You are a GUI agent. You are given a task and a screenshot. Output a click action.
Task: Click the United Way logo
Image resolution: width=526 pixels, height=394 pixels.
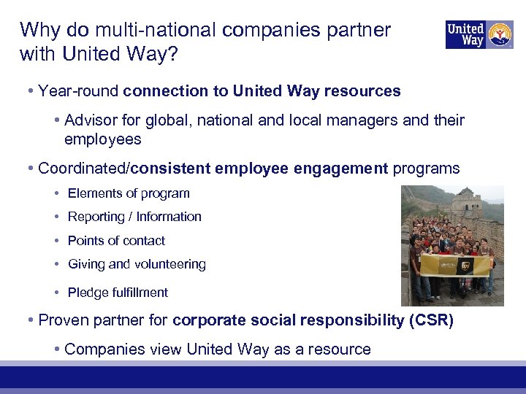[x=479, y=34]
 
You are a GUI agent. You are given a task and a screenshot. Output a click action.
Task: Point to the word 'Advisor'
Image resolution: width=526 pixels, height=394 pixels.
[x=90, y=120]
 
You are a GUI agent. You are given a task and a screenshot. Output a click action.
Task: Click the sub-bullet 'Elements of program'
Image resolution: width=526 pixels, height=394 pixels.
[x=129, y=193]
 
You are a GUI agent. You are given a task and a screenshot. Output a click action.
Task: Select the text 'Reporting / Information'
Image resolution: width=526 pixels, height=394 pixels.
[x=134, y=217]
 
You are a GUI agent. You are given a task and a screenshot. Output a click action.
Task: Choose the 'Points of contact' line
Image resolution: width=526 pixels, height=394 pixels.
[x=116, y=241]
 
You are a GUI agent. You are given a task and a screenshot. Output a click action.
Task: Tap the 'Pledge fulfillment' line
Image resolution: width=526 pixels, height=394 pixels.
[x=118, y=293]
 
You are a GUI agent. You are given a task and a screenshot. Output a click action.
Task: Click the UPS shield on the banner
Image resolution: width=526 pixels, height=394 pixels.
[x=463, y=268]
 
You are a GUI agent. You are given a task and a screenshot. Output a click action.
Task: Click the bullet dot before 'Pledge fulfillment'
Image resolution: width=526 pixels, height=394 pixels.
[x=57, y=293]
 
